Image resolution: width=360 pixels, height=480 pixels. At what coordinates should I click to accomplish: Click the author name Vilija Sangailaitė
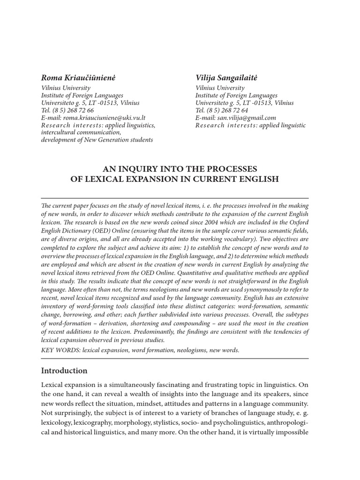pyautogui.click(x=226, y=77)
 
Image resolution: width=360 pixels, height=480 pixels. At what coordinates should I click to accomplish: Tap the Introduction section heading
pyautogui.click(x=64, y=371)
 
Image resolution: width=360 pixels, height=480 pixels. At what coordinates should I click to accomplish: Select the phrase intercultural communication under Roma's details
pyautogui.click(x=81, y=133)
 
